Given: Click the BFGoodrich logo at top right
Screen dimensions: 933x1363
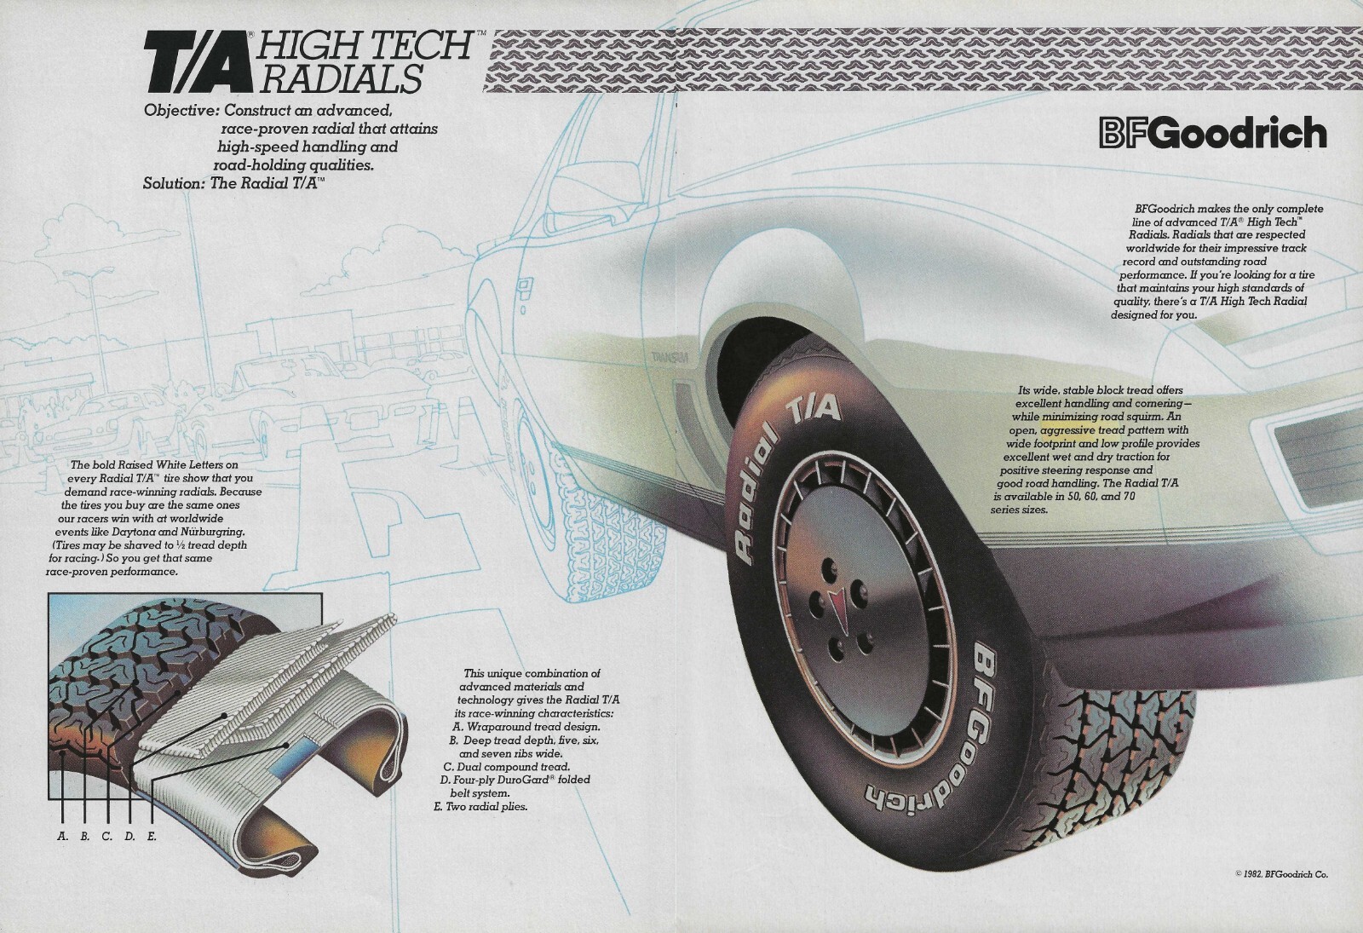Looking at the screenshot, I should click(1211, 134).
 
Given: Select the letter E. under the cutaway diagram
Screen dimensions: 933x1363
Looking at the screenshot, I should click(152, 837).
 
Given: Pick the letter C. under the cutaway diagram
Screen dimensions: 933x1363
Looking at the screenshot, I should click(106, 837).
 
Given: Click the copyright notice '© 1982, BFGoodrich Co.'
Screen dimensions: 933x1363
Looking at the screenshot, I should click(1281, 873).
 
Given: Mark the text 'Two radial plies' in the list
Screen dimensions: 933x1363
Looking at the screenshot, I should click(486, 806).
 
